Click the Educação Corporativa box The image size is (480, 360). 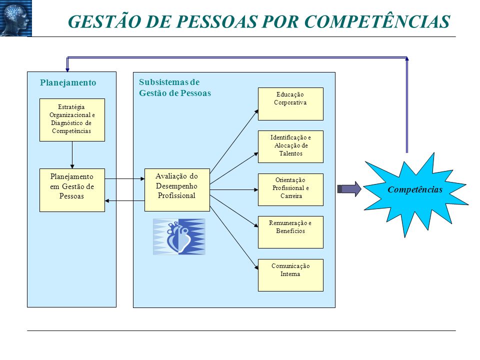click(290, 104)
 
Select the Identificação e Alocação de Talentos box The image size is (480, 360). click(290, 146)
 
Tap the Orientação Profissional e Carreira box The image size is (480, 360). click(290, 190)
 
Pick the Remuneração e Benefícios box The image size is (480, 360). click(290, 232)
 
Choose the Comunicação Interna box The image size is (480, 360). click(290, 275)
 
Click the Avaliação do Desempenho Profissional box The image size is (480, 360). click(177, 190)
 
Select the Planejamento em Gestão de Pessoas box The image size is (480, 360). click(72, 190)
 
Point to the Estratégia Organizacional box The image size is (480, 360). click(72, 120)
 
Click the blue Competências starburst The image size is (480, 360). click(415, 191)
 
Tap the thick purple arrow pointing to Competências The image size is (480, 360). click(349, 189)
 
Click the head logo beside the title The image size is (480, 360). click(16, 18)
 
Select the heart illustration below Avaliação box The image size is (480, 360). click(179, 236)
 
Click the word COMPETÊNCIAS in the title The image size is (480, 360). click(377, 21)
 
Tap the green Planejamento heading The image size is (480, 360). click(68, 82)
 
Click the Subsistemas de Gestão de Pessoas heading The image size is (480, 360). click(175, 87)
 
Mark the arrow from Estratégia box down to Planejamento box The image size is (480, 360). click(72, 155)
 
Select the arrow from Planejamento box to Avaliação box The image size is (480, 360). click(124, 178)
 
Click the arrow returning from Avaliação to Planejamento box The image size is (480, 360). click(124, 201)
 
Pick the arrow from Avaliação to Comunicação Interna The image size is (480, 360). click(234, 237)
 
